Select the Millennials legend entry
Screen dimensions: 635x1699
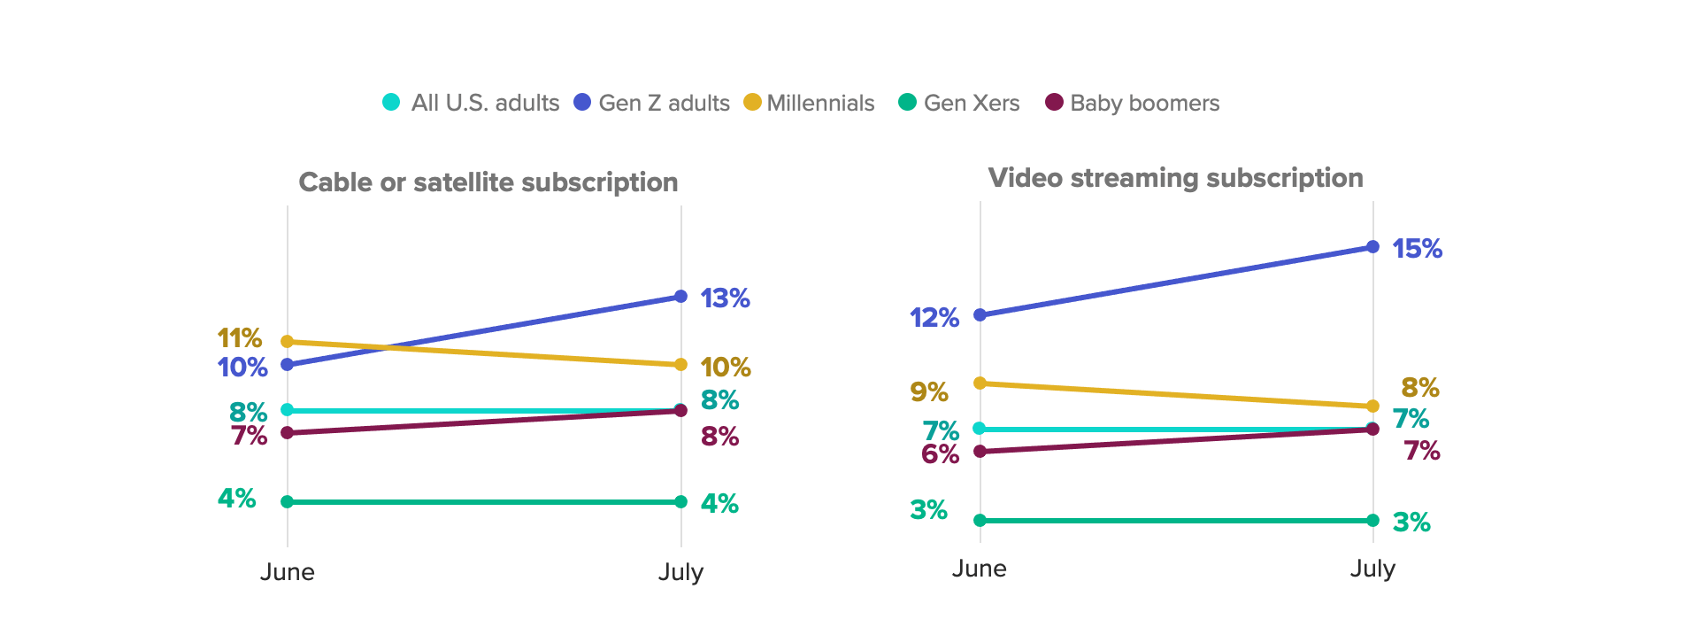click(810, 103)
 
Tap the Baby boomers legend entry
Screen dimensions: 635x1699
click(1133, 103)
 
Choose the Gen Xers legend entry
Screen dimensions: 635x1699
click(959, 103)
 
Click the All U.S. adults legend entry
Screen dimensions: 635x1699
click(472, 103)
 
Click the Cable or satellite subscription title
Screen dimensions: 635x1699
click(488, 182)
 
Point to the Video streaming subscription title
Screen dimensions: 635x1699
click(1175, 178)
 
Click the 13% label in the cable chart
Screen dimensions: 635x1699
click(725, 298)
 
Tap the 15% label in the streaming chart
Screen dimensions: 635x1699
click(1417, 249)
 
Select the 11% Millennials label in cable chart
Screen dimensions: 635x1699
click(240, 338)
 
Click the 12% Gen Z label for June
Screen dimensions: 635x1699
click(934, 318)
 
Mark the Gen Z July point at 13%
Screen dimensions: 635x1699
click(680, 296)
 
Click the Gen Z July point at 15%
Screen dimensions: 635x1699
click(1372, 246)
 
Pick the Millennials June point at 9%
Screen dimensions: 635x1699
click(980, 383)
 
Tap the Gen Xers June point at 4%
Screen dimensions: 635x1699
click(287, 502)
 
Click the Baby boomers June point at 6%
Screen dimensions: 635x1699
click(980, 452)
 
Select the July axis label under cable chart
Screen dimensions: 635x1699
click(680, 572)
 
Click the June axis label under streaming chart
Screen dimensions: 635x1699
click(979, 569)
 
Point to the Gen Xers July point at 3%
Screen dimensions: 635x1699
click(1372, 521)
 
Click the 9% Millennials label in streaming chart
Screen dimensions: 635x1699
click(928, 391)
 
